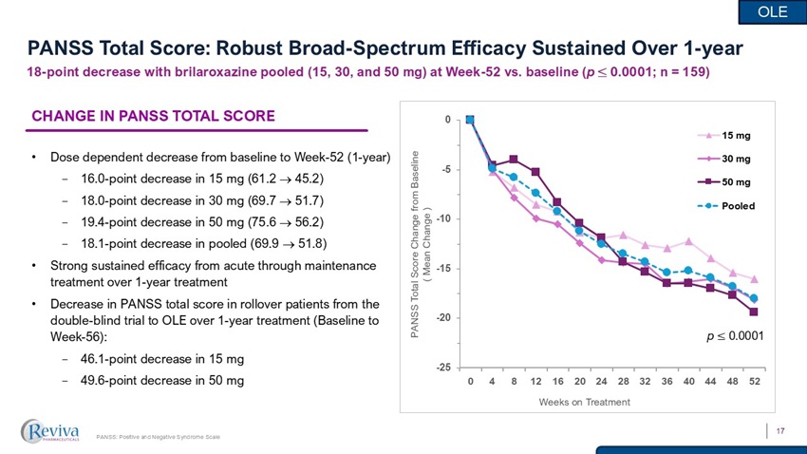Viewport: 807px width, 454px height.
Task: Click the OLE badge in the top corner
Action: [x=775, y=11]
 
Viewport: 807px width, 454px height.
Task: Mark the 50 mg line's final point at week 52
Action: [x=754, y=312]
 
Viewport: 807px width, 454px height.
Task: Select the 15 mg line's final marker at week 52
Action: [x=754, y=279]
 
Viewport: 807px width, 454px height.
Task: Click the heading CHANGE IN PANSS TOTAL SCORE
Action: [x=154, y=117]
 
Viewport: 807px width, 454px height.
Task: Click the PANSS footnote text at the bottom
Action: [x=159, y=437]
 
